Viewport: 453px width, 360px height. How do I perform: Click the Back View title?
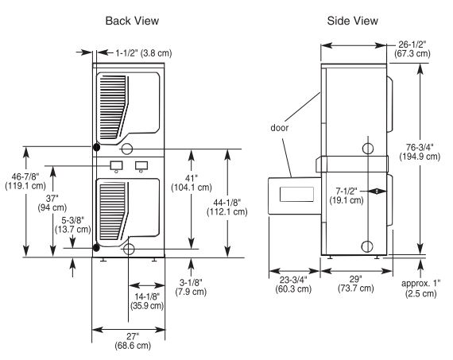[132, 21]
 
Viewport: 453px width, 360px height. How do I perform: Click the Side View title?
[352, 21]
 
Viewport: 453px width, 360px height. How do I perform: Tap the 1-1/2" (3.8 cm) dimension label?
[144, 53]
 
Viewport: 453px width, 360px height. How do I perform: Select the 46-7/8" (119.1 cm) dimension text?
[25, 181]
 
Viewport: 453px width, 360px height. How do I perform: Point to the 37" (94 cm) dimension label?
[52, 203]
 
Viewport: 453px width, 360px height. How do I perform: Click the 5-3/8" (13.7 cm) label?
[73, 225]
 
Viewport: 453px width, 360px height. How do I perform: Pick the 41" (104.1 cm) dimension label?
[192, 183]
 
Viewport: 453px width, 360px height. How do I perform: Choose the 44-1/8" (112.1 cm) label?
[227, 207]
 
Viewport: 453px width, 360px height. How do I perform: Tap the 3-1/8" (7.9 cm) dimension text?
[191, 287]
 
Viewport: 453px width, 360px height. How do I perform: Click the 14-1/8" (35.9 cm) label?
[147, 301]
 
